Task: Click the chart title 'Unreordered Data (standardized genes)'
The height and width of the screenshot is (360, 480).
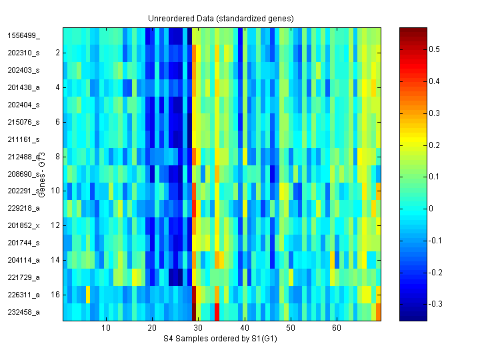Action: [221, 18]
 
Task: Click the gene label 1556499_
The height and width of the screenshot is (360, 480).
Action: [23, 35]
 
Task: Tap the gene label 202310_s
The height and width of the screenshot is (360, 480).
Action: [23, 53]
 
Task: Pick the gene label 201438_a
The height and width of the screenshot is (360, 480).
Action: [23, 87]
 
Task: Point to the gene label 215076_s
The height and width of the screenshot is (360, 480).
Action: [23, 122]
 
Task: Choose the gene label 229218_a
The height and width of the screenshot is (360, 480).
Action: [23, 209]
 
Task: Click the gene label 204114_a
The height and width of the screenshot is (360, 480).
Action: [23, 260]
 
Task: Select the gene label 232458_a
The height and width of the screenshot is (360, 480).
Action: [23, 312]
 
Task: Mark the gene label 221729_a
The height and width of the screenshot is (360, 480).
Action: [23, 277]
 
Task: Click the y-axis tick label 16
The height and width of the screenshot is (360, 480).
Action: [55, 294]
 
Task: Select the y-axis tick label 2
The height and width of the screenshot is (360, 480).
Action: [57, 52]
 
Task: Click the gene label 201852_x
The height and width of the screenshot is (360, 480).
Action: [23, 225]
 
